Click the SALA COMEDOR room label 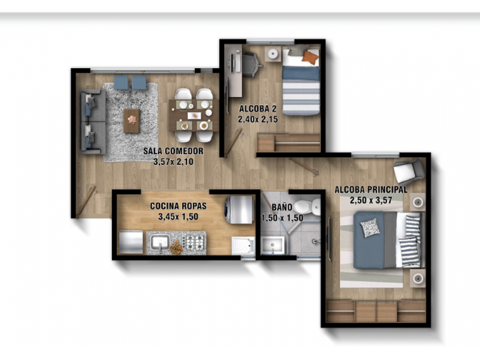click(173, 151)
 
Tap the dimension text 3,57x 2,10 click(173, 162)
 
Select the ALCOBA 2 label click(258, 109)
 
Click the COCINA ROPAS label click(178, 206)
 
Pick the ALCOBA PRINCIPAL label click(371, 190)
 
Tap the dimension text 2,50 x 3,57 click(371, 201)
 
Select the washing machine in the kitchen click(239, 210)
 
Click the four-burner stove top click(194, 242)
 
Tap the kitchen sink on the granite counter click(159, 242)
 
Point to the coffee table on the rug click(131, 121)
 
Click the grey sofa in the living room click(93, 122)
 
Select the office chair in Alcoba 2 click(251, 64)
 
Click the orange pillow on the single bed click(310, 57)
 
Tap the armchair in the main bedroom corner click(409, 171)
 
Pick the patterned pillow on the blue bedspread click(370, 228)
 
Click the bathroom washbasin click(273, 246)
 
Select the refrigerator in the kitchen click(131, 242)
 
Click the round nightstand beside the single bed click(273, 54)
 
